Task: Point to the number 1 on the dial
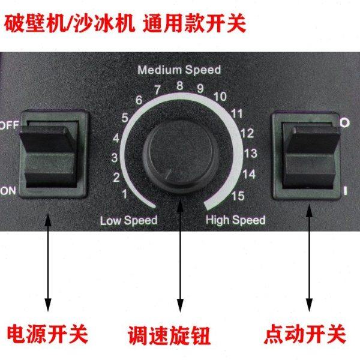tap(124, 193)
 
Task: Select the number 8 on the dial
tap(179, 86)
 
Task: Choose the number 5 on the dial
tap(124, 117)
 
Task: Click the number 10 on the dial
tap(219, 96)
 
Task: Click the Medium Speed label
tap(179, 70)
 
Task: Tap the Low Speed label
tap(128, 220)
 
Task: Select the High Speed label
tap(235, 220)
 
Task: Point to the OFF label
tap(9, 125)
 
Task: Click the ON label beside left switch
tap(8, 191)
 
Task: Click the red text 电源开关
tap(47, 331)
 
